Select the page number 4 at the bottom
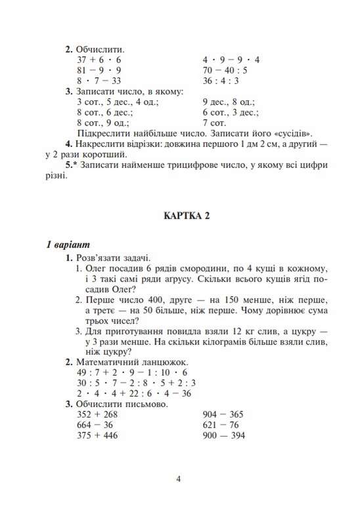(x=179, y=478)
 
